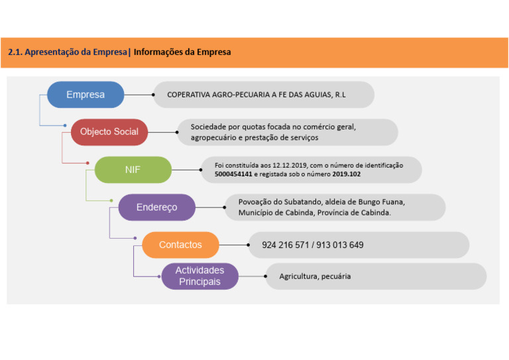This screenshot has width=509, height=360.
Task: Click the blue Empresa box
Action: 85,95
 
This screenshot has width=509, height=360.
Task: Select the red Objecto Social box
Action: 109,132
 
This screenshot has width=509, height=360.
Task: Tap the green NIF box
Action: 133,170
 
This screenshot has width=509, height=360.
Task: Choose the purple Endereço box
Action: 156,207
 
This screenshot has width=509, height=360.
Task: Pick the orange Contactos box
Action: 180,245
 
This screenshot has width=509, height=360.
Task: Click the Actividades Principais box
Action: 199,276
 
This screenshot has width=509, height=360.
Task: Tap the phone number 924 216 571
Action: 285,245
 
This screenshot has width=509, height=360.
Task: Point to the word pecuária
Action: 337,276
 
